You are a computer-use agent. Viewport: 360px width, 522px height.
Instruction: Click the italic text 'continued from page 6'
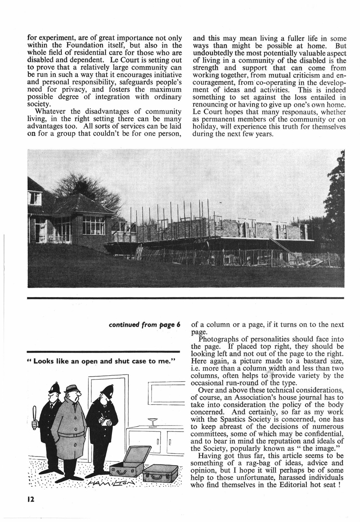[x=144, y=325]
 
